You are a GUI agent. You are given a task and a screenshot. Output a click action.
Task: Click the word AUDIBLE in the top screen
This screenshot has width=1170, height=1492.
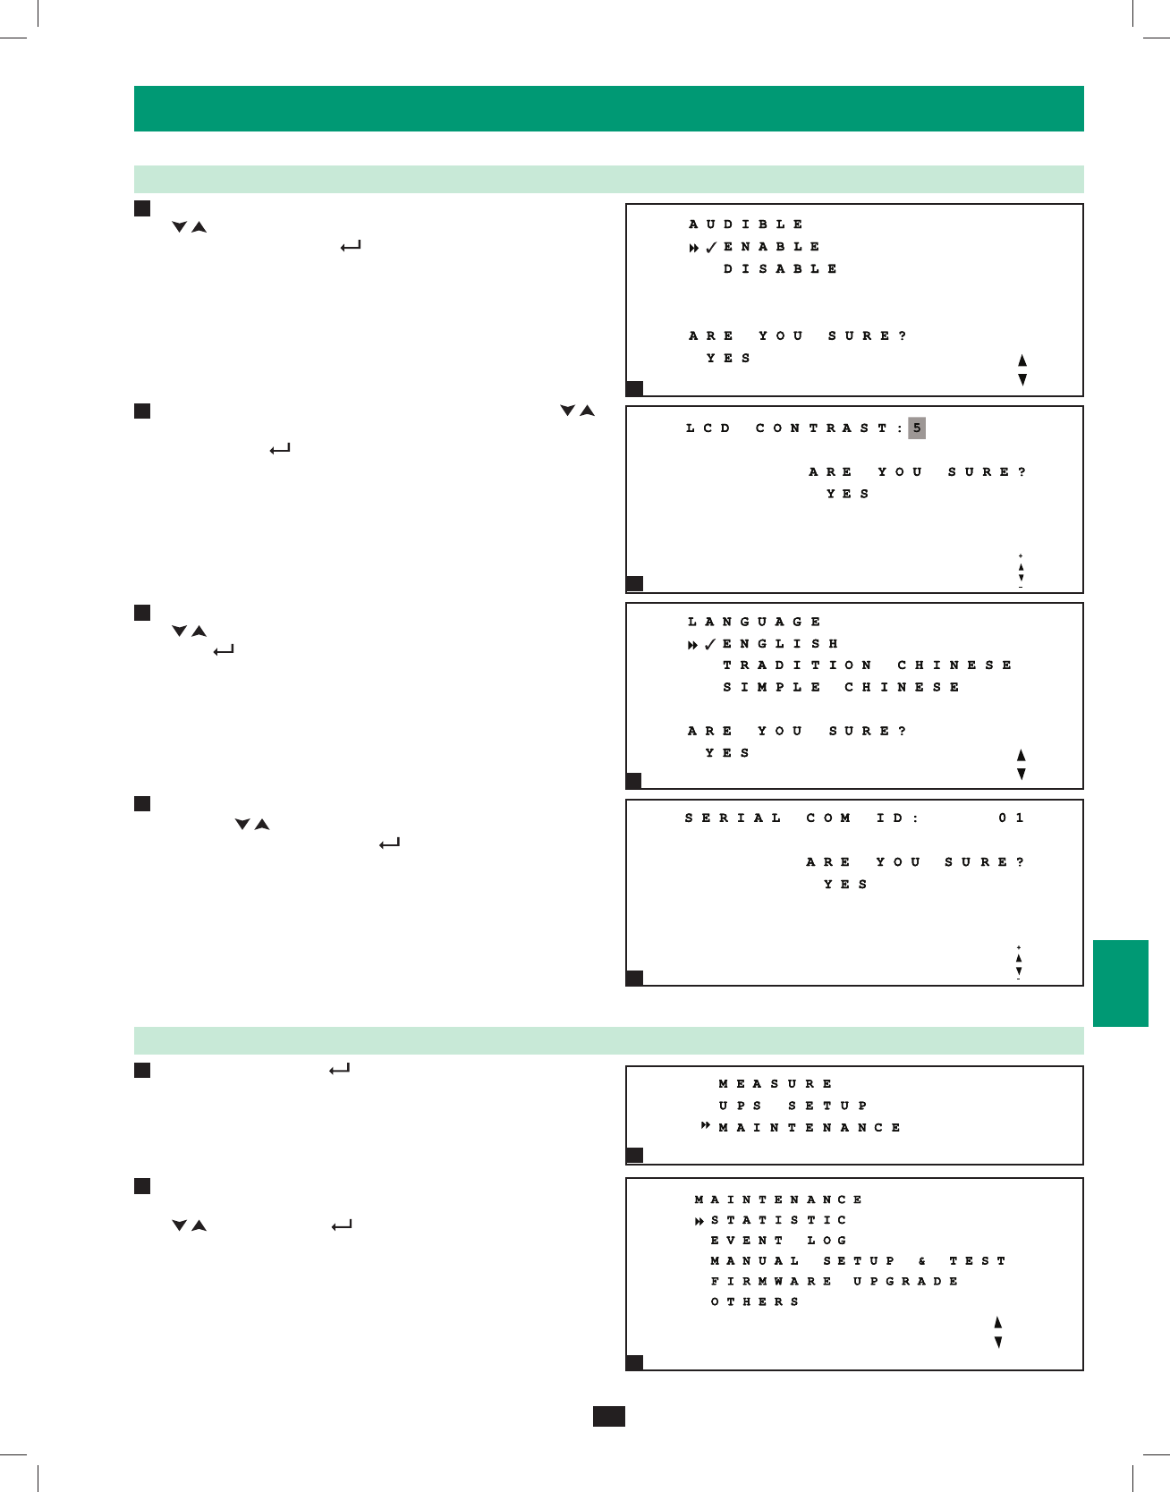pyautogui.click(x=746, y=225)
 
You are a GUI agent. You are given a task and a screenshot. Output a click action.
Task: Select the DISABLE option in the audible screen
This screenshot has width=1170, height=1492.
pyautogui.click(x=780, y=269)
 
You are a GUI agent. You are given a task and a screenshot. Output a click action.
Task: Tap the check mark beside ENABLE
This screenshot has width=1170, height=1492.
pyautogui.click(x=711, y=248)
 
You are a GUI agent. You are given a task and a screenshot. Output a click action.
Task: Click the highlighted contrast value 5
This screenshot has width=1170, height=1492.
pyautogui.click(x=917, y=428)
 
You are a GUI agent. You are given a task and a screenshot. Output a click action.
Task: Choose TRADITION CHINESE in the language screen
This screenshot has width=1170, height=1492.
pyautogui.click(x=867, y=665)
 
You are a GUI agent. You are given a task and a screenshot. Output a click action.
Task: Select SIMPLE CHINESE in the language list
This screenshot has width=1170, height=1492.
pyautogui.click(x=841, y=688)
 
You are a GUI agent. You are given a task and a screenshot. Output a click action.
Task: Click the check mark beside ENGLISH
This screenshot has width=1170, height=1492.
pyautogui.click(x=710, y=645)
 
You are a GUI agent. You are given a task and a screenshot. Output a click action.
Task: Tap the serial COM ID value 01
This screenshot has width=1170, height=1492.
pyautogui.click(x=1012, y=818)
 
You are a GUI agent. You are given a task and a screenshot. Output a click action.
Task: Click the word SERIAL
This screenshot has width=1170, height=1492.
pyautogui.click(x=733, y=818)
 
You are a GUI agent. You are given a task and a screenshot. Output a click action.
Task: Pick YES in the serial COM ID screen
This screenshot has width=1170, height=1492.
pyautogui.click(x=845, y=885)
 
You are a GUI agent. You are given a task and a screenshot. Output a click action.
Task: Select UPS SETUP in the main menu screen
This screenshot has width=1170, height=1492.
pyautogui.click(x=793, y=1106)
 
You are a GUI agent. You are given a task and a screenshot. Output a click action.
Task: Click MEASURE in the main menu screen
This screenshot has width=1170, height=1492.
pyautogui.click(x=776, y=1084)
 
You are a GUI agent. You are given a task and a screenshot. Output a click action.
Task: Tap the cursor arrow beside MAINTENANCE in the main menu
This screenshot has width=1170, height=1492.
pyautogui.click(x=706, y=1126)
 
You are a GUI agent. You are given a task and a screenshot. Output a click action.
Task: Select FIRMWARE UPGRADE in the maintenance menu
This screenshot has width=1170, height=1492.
pyautogui.click(x=834, y=1282)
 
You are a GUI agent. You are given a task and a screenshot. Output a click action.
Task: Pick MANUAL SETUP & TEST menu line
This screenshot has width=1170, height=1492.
pyautogui.click(x=858, y=1261)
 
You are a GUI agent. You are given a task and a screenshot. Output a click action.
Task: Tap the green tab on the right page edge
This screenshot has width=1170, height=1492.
pyautogui.click(x=1120, y=983)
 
